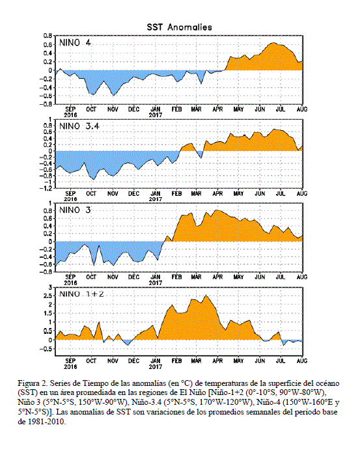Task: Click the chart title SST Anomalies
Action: point(179,27)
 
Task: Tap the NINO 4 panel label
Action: point(75,43)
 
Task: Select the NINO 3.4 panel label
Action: point(79,126)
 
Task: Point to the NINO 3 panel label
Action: point(75,210)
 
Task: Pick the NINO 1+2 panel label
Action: point(81,294)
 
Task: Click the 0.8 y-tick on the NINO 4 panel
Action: point(48,36)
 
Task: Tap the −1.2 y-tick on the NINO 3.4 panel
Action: point(46,188)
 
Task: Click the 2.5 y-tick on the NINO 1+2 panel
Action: point(48,296)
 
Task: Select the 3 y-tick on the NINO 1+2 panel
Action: point(50,288)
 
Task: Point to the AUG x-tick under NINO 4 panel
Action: point(302,109)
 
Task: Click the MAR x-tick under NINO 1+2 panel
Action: point(196,361)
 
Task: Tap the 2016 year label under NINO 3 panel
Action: point(70,282)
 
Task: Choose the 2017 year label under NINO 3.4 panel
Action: point(156,199)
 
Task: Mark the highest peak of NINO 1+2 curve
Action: point(206,295)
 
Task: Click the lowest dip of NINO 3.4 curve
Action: point(93,180)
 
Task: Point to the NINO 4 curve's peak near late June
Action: point(273,43)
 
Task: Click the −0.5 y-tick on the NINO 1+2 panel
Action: point(46,349)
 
